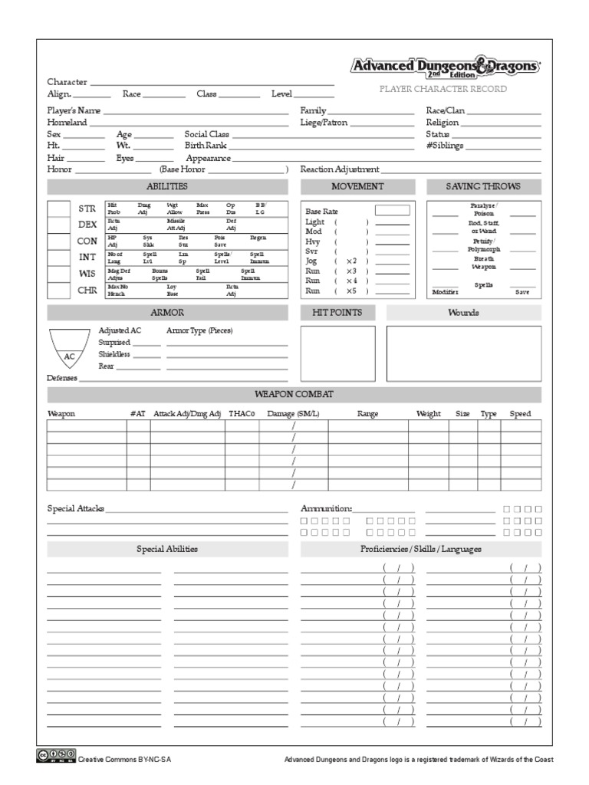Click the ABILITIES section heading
coord(167,187)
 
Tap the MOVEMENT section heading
coord(357,187)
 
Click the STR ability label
coord(87,209)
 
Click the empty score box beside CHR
coord(59,291)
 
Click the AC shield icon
coord(69,349)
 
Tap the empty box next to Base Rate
coord(392,210)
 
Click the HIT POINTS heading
coord(337,313)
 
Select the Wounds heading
coord(463,313)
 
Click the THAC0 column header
coord(242,414)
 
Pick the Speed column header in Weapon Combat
coord(520,414)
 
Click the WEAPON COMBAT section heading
coord(294,394)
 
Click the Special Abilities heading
coord(167,549)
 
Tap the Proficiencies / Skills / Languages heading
coord(420,549)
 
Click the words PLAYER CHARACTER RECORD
coord(444,90)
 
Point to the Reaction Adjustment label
coord(340,169)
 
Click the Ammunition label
coord(326,508)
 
